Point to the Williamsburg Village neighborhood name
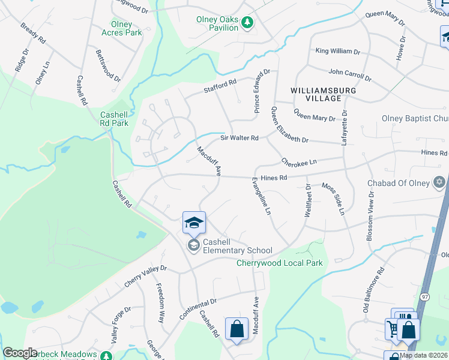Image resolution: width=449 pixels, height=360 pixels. (323, 94)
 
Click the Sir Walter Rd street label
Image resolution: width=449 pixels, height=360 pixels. (239, 138)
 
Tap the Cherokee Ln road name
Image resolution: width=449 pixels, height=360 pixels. (298, 162)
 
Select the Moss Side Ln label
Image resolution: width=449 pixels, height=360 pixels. (333, 199)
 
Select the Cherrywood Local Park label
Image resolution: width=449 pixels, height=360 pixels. (280, 263)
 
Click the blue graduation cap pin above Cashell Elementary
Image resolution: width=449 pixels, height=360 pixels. (194, 223)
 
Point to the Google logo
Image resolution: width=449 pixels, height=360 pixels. (20, 353)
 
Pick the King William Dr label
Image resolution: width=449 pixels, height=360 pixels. (338, 52)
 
